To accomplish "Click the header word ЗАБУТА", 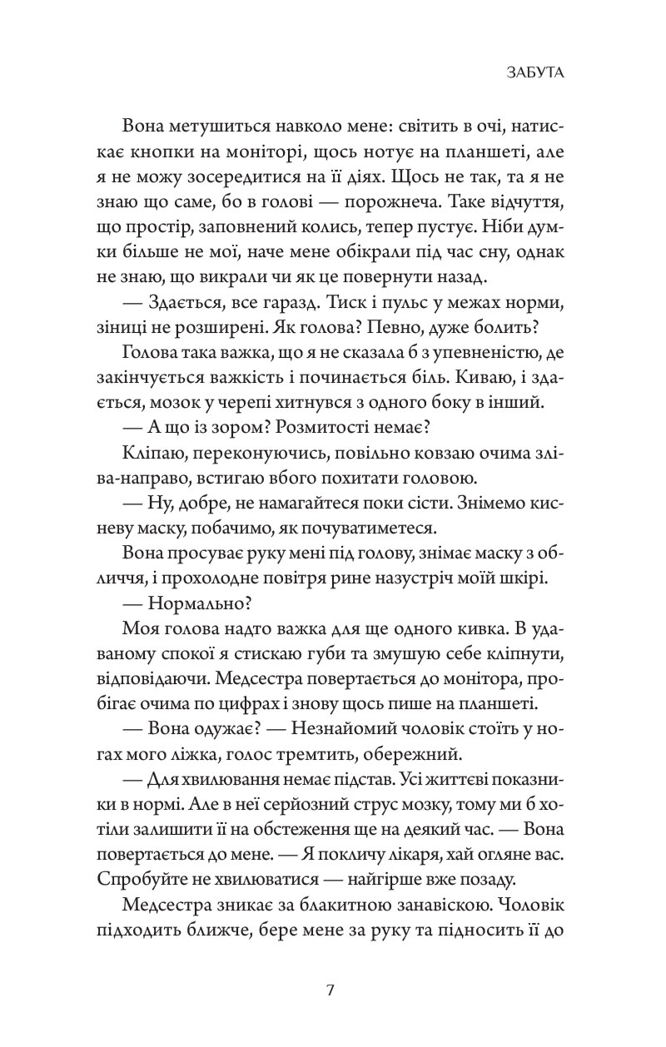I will pos(534,73).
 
